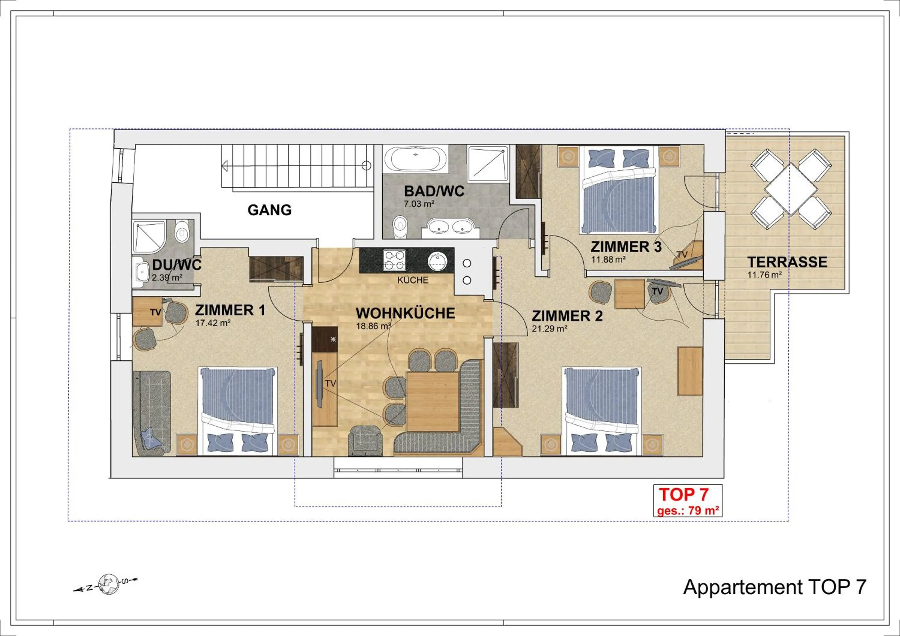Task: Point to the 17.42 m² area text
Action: pos(212,323)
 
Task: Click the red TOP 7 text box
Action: pos(688,501)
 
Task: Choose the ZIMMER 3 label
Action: pos(626,247)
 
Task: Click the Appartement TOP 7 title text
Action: pos(774,598)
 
